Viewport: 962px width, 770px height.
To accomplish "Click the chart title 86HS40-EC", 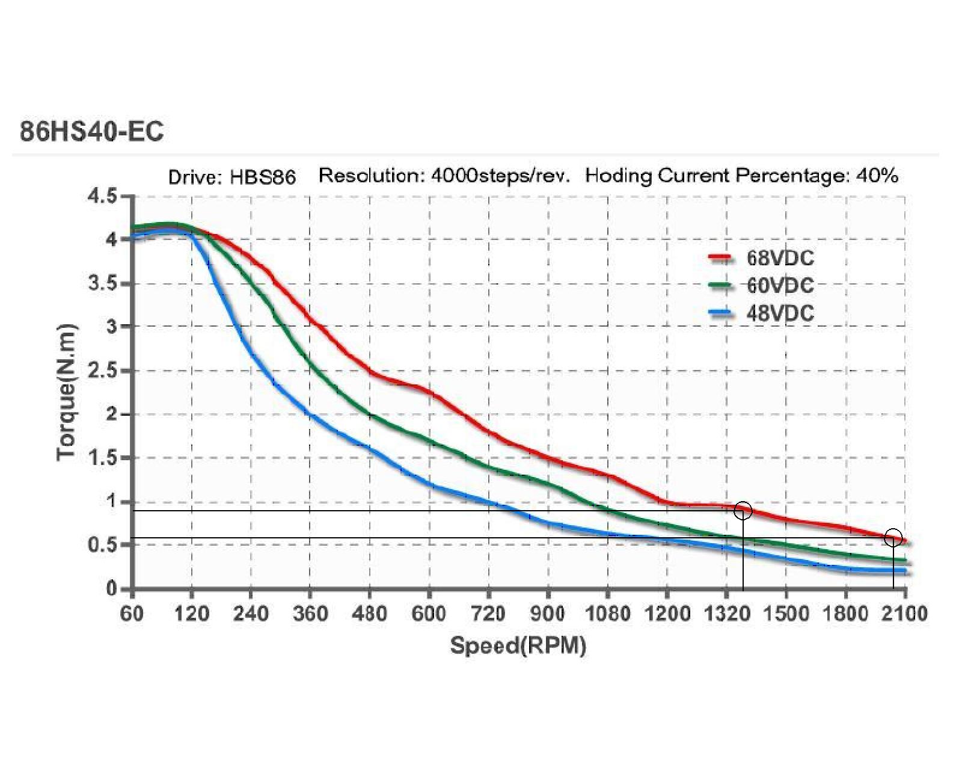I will pyautogui.click(x=91, y=131).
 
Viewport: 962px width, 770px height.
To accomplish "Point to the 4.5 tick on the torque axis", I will pyautogui.click(x=103, y=197).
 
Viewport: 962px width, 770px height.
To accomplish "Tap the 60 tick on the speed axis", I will pyautogui.click(x=132, y=614).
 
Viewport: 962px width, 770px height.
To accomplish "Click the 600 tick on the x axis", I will pyautogui.click(x=429, y=614).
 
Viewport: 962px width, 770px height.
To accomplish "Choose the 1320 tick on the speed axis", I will pyautogui.click(x=726, y=614).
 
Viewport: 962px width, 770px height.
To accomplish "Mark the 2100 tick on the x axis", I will pyautogui.click(x=905, y=614).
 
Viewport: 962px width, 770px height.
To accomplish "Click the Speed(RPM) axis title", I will pyautogui.click(x=518, y=645).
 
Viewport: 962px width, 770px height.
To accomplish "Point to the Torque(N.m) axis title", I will pyautogui.click(x=67, y=392).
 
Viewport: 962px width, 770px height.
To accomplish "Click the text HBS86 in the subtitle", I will pyautogui.click(x=263, y=177).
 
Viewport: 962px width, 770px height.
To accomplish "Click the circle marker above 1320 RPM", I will pyautogui.click(x=743, y=511).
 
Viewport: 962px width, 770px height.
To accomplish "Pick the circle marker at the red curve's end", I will pyautogui.click(x=893, y=537).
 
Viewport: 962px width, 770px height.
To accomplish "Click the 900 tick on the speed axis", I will pyautogui.click(x=548, y=614).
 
